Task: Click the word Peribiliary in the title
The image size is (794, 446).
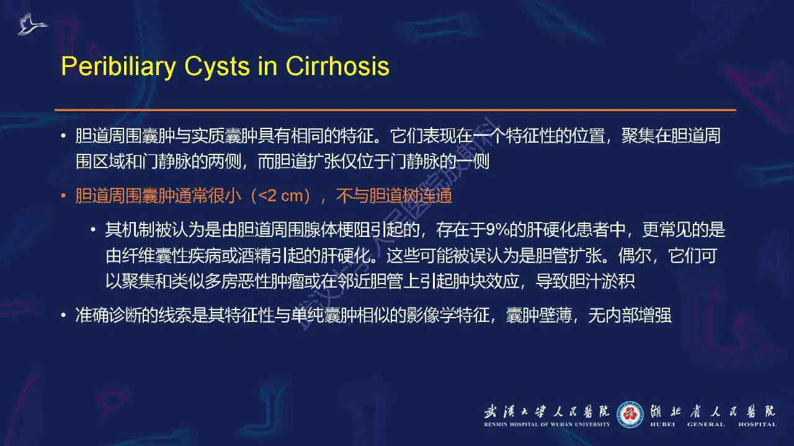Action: (118, 66)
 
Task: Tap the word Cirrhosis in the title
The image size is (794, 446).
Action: (337, 66)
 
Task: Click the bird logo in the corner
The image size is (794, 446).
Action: (32, 24)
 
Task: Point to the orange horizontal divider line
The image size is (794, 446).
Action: (395, 110)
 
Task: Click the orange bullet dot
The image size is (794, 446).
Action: (63, 195)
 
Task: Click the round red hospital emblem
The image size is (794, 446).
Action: (630, 414)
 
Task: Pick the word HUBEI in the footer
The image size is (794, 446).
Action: (662, 424)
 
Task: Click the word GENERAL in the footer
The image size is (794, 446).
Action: (706, 424)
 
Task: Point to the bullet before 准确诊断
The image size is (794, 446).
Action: (63, 315)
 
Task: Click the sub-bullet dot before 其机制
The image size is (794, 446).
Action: (93, 230)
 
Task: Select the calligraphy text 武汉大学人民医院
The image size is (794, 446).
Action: (547, 412)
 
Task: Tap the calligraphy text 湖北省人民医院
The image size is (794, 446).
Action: (713, 412)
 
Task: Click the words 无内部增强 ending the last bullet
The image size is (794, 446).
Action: (630, 315)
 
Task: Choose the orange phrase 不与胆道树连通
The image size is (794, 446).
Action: (394, 195)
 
